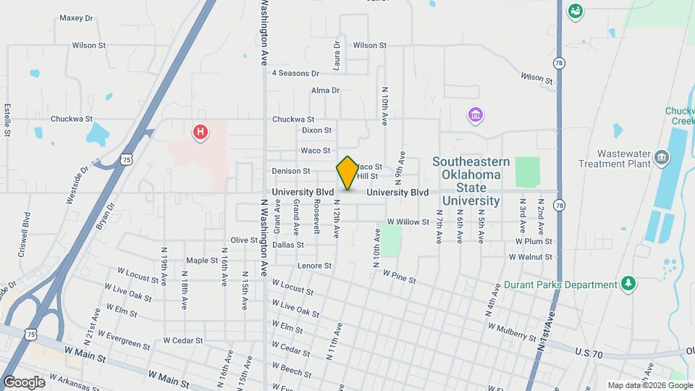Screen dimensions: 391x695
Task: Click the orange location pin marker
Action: click(x=347, y=173)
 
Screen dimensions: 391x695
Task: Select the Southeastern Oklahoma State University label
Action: click(x=471, y=181)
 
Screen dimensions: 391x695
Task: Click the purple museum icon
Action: click(x=476, y=115)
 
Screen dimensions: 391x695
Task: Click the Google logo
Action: click(x=24, y=382)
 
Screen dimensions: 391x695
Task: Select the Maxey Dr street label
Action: click(x=77, y=18)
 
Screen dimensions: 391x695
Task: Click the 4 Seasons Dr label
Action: click(x=295, y=73)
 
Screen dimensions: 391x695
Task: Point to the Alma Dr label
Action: click(x=325, y=91)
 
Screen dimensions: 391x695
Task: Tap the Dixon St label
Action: click(x=316, y=130)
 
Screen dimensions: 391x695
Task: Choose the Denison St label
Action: click(x=291, y=171)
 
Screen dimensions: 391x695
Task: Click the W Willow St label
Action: click(x=408, y=222)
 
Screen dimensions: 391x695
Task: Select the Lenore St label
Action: click(x=314, y=266)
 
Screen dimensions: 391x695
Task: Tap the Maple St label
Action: click(x=202, y=260)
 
